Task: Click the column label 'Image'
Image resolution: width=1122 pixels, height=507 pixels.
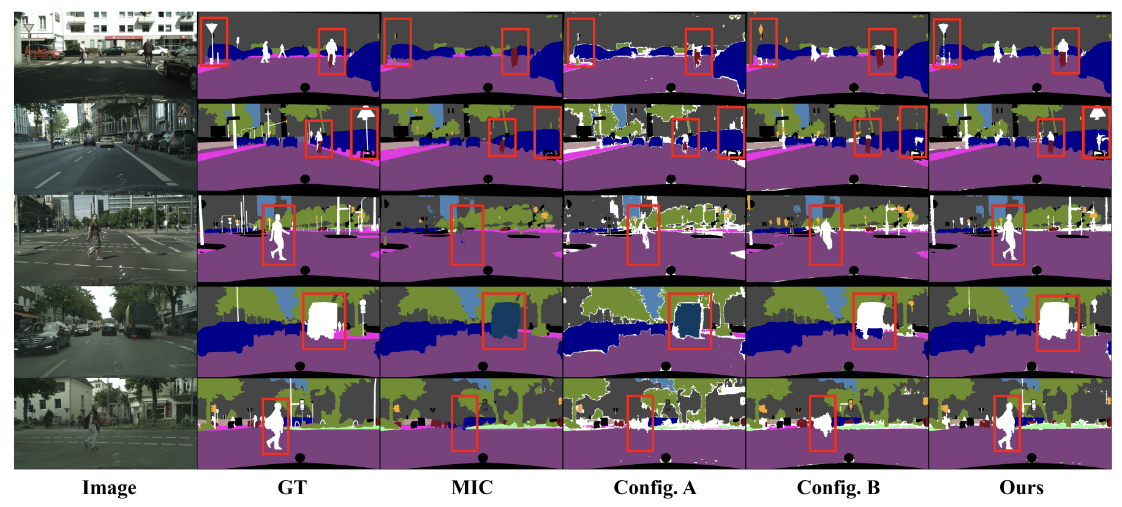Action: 109,487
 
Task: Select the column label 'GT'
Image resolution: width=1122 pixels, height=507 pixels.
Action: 292,487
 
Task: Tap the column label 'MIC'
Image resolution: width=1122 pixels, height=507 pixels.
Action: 472,487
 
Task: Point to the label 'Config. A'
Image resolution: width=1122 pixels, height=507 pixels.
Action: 654,487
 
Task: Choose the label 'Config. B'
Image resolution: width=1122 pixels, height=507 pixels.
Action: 838,487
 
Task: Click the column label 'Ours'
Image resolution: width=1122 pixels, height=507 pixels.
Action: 1021,487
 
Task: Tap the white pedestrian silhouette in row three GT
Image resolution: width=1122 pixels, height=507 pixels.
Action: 278,236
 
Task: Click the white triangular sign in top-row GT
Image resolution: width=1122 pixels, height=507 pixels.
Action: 211,29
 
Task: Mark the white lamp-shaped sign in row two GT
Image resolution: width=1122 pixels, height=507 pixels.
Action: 366,114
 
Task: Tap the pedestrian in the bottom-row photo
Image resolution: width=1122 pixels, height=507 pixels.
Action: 93,424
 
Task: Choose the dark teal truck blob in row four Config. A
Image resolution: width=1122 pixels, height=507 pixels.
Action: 687,320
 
